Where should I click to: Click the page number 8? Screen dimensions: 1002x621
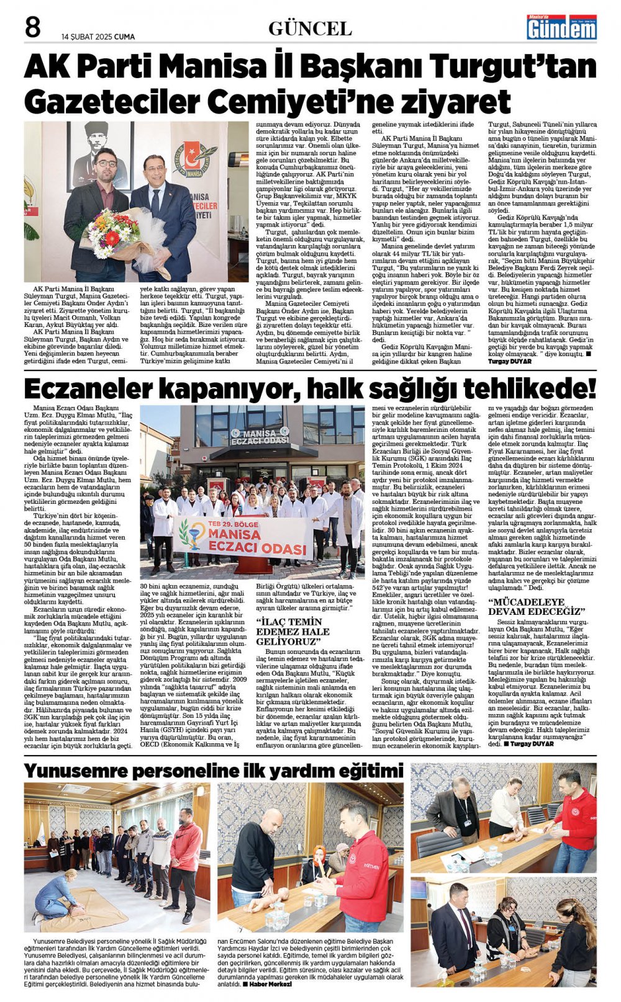coord(32,28)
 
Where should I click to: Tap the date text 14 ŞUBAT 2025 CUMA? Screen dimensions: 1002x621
coord(98,37)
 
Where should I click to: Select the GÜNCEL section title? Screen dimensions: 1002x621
coord(310,29)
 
